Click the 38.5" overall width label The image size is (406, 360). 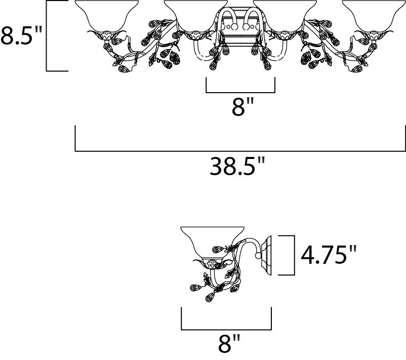point(237,166)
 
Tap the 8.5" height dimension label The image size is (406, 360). point(21,35)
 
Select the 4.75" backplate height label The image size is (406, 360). point(329,255)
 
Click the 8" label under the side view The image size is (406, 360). point(229,343)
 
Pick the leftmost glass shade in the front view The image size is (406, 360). point(106,16)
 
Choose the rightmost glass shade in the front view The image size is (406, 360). point(374,16)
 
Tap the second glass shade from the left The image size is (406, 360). point(196,16)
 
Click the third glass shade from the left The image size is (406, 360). point(285,16)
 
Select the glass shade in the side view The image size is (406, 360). point(212,244)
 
